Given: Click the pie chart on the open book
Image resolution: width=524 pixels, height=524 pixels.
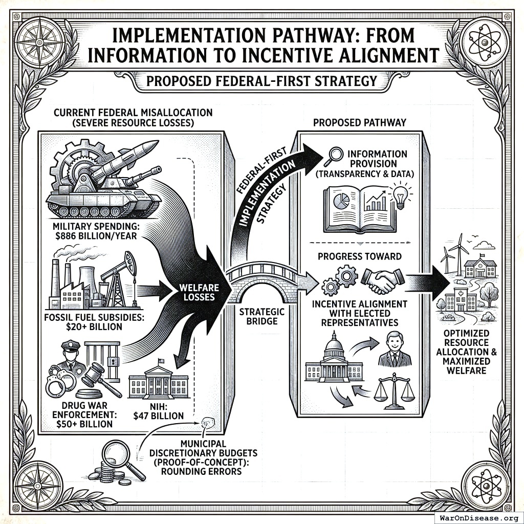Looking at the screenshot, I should [341, 201].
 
